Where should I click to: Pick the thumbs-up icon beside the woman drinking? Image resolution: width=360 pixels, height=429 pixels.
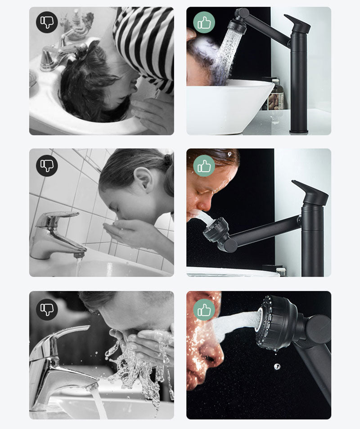point(204,165)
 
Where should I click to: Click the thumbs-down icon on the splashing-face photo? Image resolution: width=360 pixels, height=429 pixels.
point(47,309)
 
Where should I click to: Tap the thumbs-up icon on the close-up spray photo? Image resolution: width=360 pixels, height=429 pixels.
point(204,309)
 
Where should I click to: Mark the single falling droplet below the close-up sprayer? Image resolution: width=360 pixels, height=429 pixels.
point(277,366)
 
